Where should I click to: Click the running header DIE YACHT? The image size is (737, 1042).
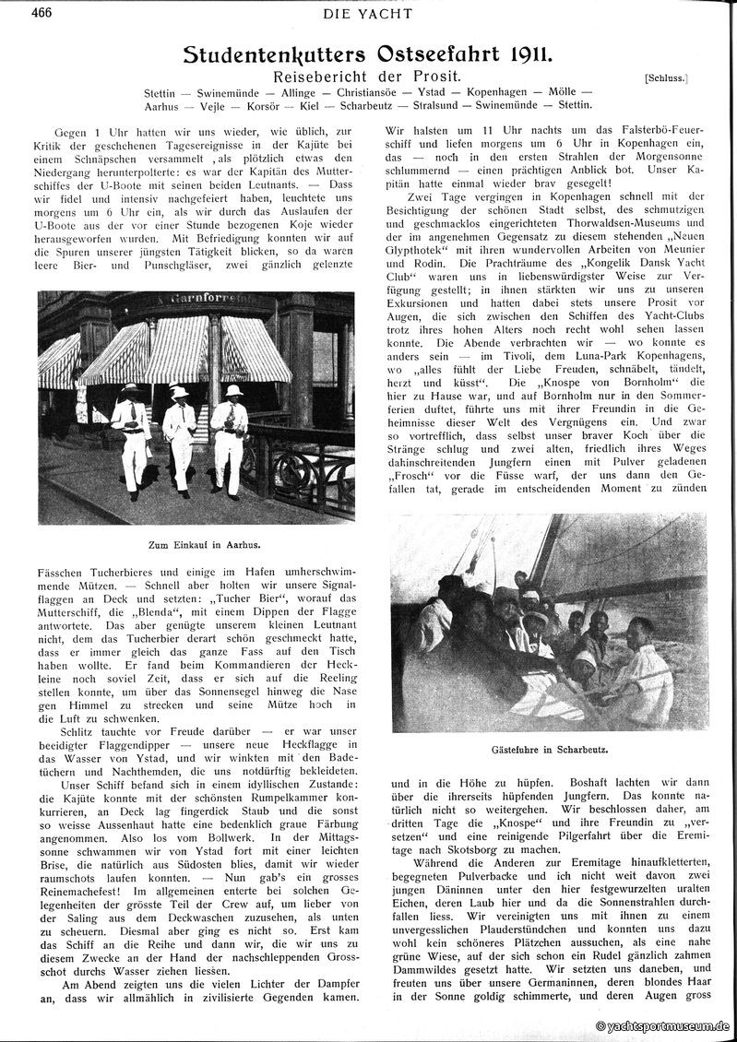pos(368,13)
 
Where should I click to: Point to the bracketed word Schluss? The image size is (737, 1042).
pos(669,79)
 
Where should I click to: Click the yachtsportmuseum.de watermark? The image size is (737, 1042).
pos(663,1025)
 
